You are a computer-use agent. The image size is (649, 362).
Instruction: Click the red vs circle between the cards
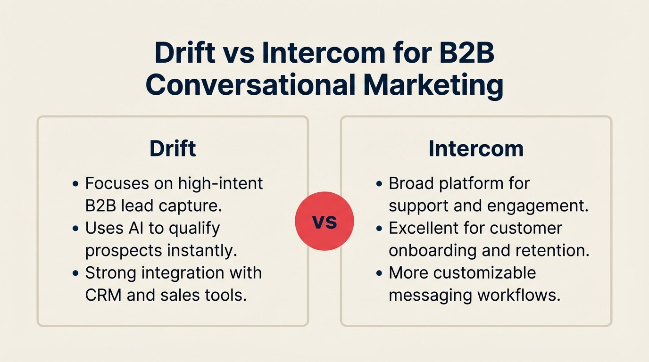324,221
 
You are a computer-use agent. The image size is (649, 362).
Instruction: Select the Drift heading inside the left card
173,148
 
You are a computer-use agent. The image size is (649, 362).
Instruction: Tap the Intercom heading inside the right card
476,148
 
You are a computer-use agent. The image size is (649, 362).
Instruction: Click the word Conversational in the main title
250,85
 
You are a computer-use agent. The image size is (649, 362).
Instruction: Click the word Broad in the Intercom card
411,183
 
